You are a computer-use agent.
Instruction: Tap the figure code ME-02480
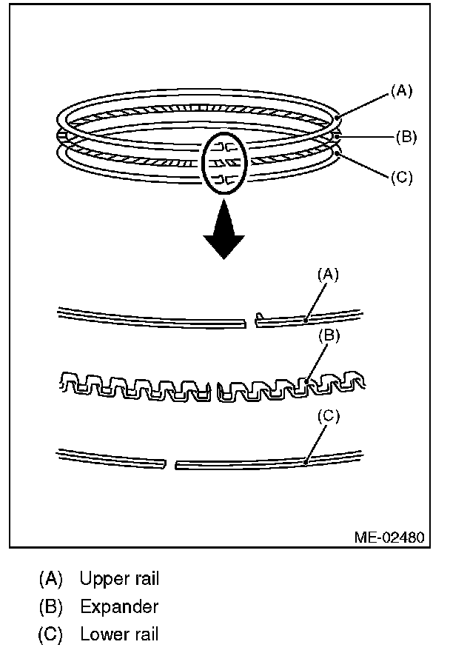pyautogui.click(x=388, y=537)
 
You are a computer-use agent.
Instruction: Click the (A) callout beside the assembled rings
pyautogui.click(x=400, y=91)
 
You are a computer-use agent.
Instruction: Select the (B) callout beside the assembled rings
pyautogui.click(x=406, y=136)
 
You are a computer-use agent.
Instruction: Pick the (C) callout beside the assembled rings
pyautogui.click(x=400, y=178)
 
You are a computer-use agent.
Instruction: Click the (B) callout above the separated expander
pyautogui.click(x=329, y=335)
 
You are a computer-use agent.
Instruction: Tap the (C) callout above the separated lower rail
pyautogui.click(x=329, y=416)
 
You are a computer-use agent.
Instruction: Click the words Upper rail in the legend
pyautogui.click(x=119, y=578)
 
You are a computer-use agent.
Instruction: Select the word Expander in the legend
pyautogui.click(x=118, y=606)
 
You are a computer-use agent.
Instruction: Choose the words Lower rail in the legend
pyautogui.click(x=118, y=634)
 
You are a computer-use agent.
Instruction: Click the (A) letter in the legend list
pyautogui.click(x=50, y=578)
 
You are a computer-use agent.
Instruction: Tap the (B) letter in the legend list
pyautogui.click(x=50, y=606)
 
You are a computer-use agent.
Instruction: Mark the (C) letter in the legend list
pyautogui.click(x=50, y=634)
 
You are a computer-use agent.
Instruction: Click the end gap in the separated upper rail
pyautogui.click(x=250, y=321)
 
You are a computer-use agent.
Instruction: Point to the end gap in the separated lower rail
pyautogui.click(x=170, y=466)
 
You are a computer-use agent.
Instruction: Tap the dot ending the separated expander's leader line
pyautogui.click(x=306, y=382)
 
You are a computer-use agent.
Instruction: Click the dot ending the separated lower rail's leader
pyautogui.click(x=305, y=463)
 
